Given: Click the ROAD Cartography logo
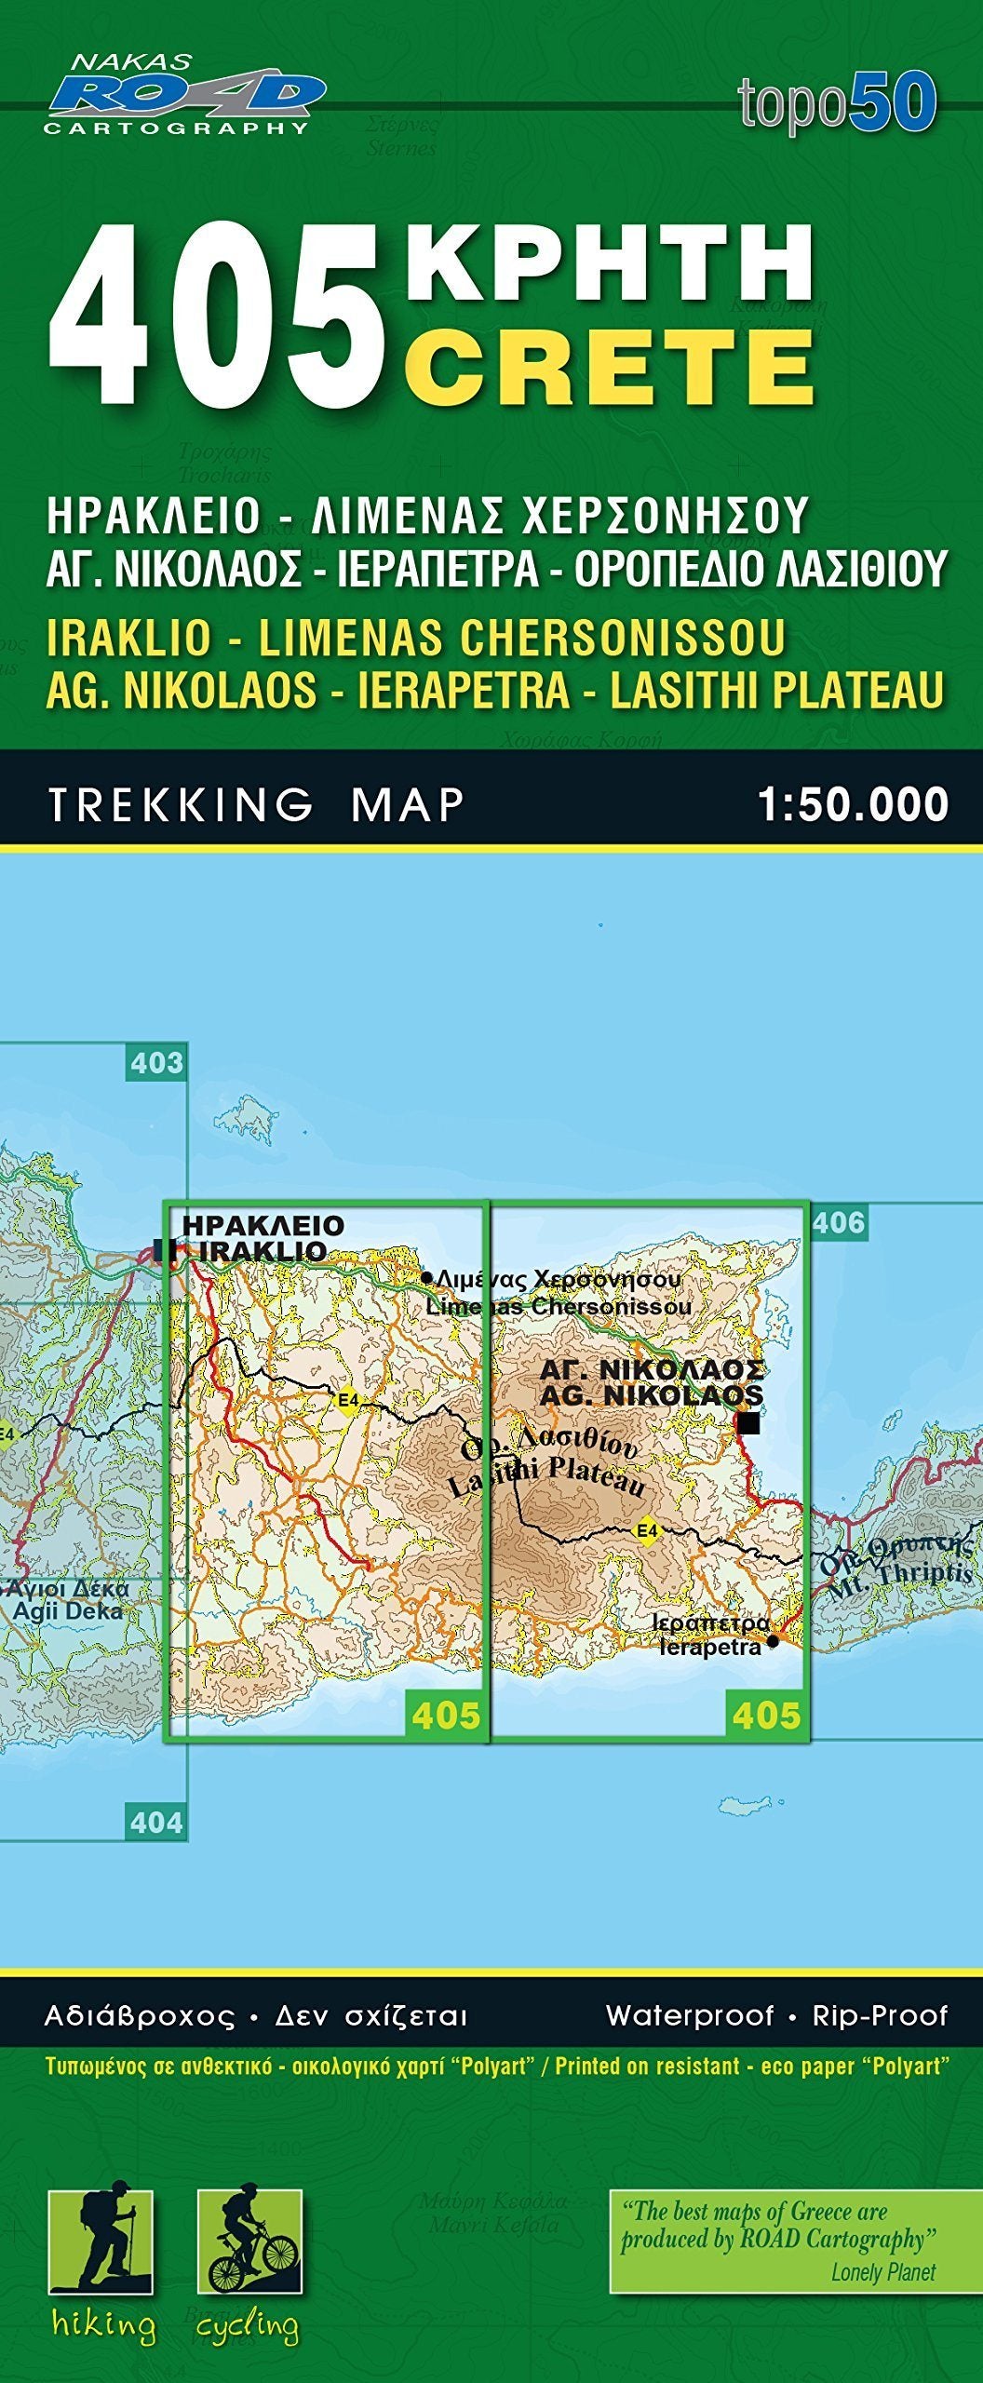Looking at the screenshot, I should (184, 96).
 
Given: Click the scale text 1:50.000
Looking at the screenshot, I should (853, 805).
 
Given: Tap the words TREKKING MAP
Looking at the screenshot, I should (256, 805).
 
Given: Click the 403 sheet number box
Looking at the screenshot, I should (156, 1062).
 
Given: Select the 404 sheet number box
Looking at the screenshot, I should (156, 1821).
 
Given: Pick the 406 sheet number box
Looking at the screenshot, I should (838, 1221).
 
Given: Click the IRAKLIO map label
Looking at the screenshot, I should (263, 1251).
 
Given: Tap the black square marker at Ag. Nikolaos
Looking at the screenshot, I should (747, 1423).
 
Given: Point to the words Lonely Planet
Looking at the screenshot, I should (882, 2272).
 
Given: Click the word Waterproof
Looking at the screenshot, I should (689, 2016).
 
